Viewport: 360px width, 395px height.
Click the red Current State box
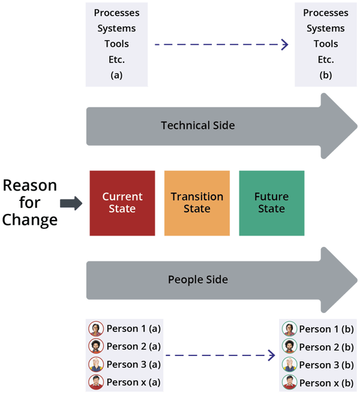tap(122, 203)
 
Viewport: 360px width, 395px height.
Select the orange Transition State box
tap(197, 203)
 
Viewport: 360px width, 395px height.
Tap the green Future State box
tap(271, 203)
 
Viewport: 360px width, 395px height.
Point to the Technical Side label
tap(198, 125)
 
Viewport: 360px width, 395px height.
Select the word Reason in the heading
tap(30, 186)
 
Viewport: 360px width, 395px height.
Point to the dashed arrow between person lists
tap(220, 356)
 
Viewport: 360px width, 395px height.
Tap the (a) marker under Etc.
tap(116, 76)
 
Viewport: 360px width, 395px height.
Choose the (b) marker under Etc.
tap(326, 76)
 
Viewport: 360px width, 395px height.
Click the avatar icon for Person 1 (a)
tap(96, 328)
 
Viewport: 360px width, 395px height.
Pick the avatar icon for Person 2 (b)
tap(289, 346)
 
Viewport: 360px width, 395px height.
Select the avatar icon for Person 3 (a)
tap(96, 364)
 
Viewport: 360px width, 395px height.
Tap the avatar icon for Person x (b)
tap(289, 382)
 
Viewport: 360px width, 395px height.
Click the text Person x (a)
tap(134, 382)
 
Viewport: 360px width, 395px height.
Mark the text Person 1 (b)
tap(326, 328)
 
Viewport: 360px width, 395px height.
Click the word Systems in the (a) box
tap(116, 28)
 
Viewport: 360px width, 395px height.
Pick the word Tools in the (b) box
tap(326, 44)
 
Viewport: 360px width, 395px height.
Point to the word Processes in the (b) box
tap(326, 13)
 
